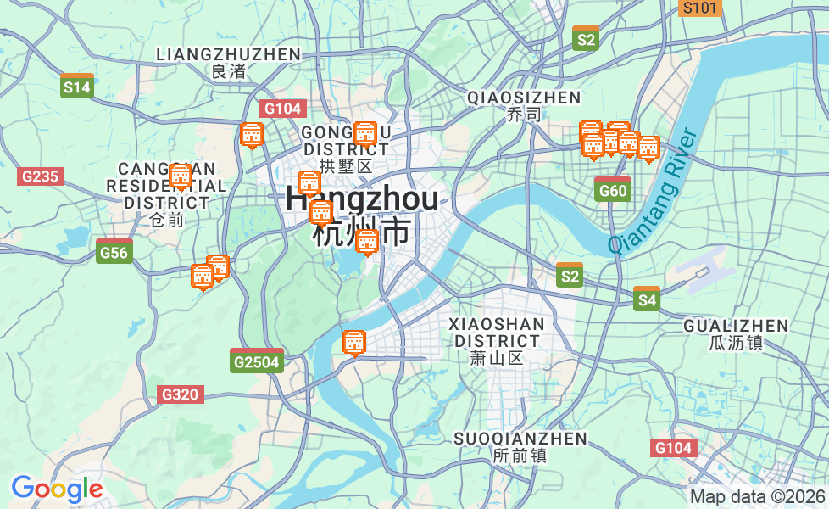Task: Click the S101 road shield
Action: click(700, 8)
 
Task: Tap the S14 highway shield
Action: click(76, 86)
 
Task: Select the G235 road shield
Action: click(40, 176)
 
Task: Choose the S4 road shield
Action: click(647, 299)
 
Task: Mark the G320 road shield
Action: click(180, 394)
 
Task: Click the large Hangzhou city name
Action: click(362, 199)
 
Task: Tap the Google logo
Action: click(56, 489)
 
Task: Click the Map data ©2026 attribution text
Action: click(757, 496)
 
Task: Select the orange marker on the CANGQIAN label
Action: click(181, 177)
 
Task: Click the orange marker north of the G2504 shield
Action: click(354, 343)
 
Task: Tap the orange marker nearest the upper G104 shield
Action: click(252, 135)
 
